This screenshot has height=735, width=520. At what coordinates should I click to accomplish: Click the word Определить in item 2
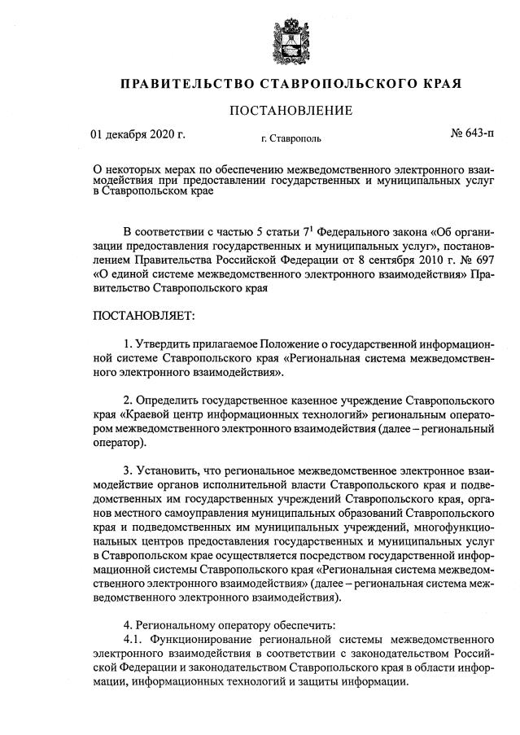(167, 401)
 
